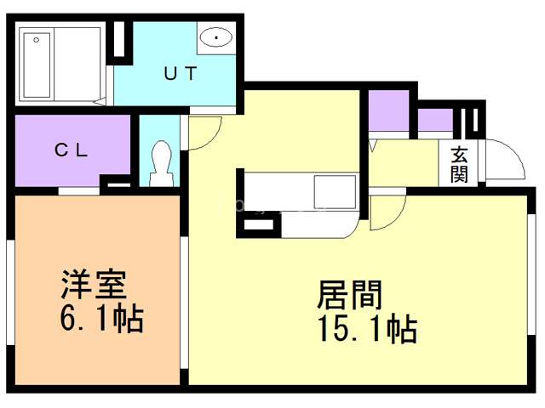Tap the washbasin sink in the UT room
[x=216, y=37]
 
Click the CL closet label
[x=72, y=151]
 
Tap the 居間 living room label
[x=350, y=295]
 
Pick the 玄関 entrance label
[x=459, y=165]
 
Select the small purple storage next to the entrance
[x=434, y=120]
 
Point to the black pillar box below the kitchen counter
[x=260, y=225]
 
